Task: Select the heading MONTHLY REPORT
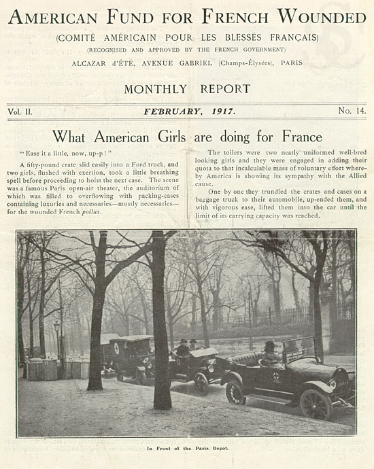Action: tap(187, 88)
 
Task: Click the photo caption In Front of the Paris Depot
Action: tap(186, 449)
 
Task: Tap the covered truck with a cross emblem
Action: tap(129, 357)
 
